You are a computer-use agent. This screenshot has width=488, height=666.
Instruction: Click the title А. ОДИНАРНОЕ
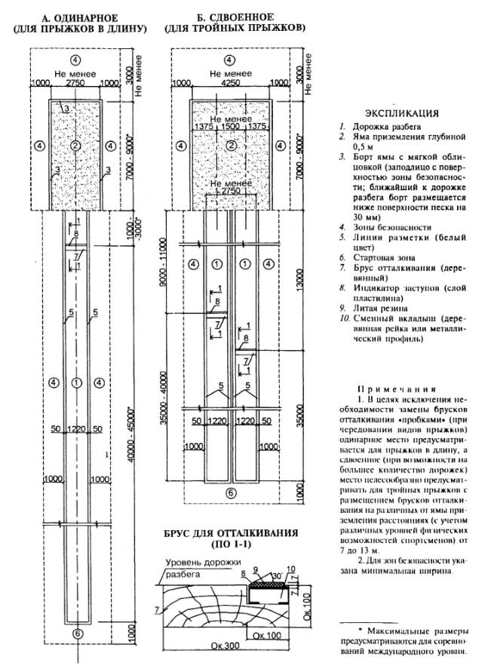pos(75,17)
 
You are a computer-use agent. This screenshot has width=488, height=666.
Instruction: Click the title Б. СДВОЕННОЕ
pos(238,16)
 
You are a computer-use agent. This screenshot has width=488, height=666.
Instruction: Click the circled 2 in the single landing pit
pos(75,145)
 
